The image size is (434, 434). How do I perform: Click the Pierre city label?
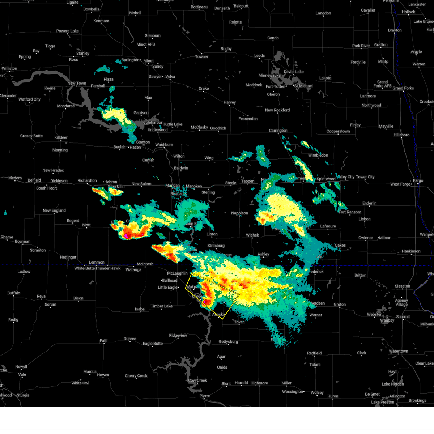pyautogui.click(x=205, y=396)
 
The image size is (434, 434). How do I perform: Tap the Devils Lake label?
pyautogui.click(x=294, y=72)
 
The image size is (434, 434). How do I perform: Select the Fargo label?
pyautogui.click(x=418, y=180)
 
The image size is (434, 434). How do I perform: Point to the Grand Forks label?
pyautogui.click(x=403, y=88)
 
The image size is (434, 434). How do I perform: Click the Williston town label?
pyautogui.click(x=9, y=68)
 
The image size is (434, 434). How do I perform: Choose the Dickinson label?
pyautogui.click(x=59, y=181)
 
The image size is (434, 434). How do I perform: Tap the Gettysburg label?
pyautogui.click(x=228, y=342)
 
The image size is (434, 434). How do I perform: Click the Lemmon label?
pyautogui.click(x=97, y=263)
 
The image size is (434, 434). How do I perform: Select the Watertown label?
pyautogui.click(x=399, y=351)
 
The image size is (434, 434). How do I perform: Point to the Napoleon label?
pyautogui.click(x=239, y=213)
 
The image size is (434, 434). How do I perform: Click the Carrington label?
pyautogui.click(x=278, y=131)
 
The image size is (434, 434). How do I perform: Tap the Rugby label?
pyautogui.click(x=226, y=49)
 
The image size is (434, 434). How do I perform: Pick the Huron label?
pyautogui.click(x=333, y=396)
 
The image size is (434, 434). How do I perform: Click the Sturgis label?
pyautogui.click(x=23, y=395)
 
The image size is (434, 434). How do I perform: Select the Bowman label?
pyautogui.click(x=23, y=241)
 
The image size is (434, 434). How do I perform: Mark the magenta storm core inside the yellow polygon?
pyautogui.click(x=205, y=301)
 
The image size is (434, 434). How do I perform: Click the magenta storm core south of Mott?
pyautogui.click(x=126, y=236)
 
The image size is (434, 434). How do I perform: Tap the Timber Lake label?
pyautogui.click(x=162, y=306)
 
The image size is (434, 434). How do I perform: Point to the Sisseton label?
pyautogui.click(x=403, y=286)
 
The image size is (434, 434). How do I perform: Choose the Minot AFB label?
pyautogui.click(x=146, y=44)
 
